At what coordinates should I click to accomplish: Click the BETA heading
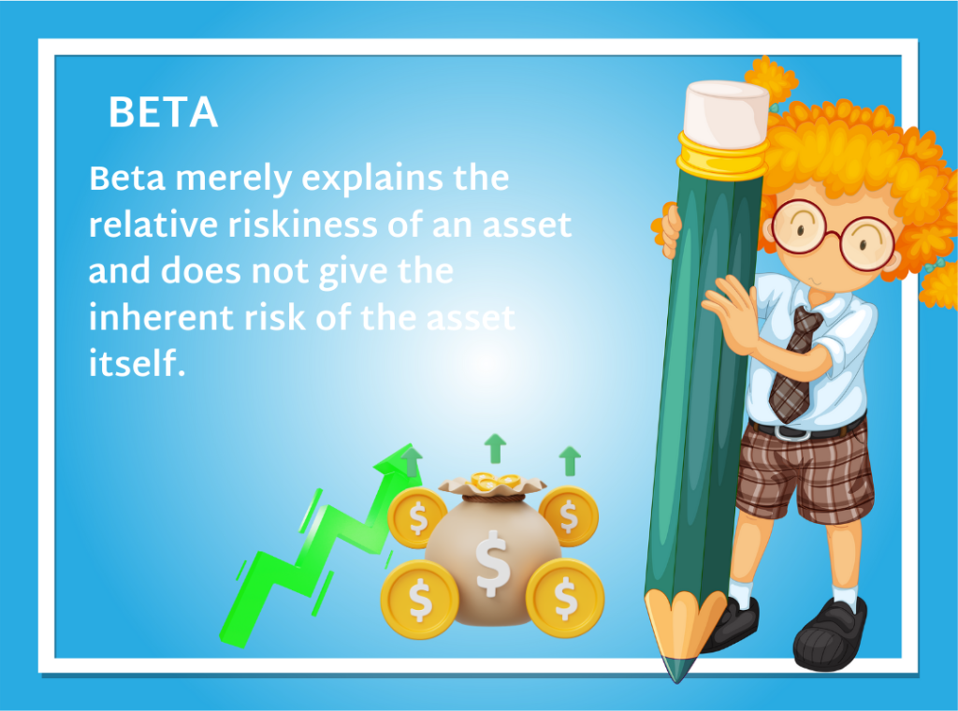point(163,114)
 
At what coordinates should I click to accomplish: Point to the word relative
point(142,225)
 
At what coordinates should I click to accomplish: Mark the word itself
point(133,363)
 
